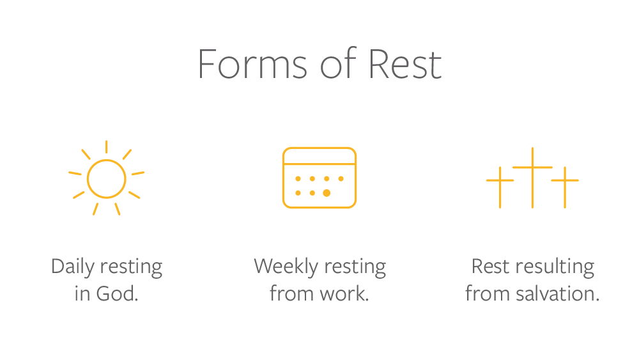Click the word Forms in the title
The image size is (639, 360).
tap(252, 63)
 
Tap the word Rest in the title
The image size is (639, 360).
tap(405, 63)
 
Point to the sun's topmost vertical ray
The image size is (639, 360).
tap(106, 147)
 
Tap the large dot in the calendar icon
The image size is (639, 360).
tap(327, 193)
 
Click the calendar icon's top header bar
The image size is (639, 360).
tap(319, 156)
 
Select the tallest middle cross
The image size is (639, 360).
tap(532, 178)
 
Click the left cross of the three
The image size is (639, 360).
tap(500, 187)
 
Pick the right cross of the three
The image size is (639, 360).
tap(565, 187)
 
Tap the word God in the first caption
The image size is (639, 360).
tap(118, 293)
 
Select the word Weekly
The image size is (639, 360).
tap(286, 267)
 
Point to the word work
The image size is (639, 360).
tap(344, 293)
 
